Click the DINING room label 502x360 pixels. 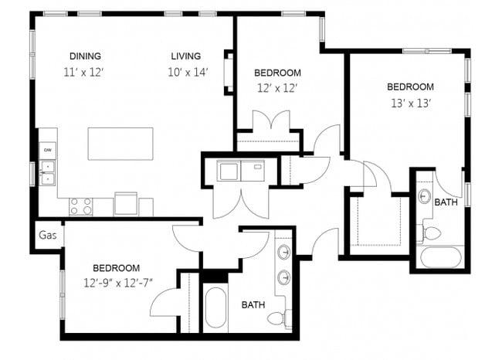tap(85, 56)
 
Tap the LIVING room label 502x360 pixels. tap(186, 56)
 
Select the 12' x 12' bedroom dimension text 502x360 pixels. tap(277, 88)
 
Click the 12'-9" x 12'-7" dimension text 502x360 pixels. tap(118, 282)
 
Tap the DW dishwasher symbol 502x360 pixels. tap(48, 150)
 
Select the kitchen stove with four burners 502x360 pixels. tap(81, 206)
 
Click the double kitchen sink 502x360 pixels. tap(48, 172)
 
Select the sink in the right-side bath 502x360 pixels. tap(424, 196)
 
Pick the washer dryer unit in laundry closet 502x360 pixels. tap(240, 170)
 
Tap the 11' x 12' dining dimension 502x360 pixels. tap(84, 72)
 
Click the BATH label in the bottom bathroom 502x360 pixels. tap(253, 305)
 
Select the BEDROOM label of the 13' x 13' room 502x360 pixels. tap(410, 87)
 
